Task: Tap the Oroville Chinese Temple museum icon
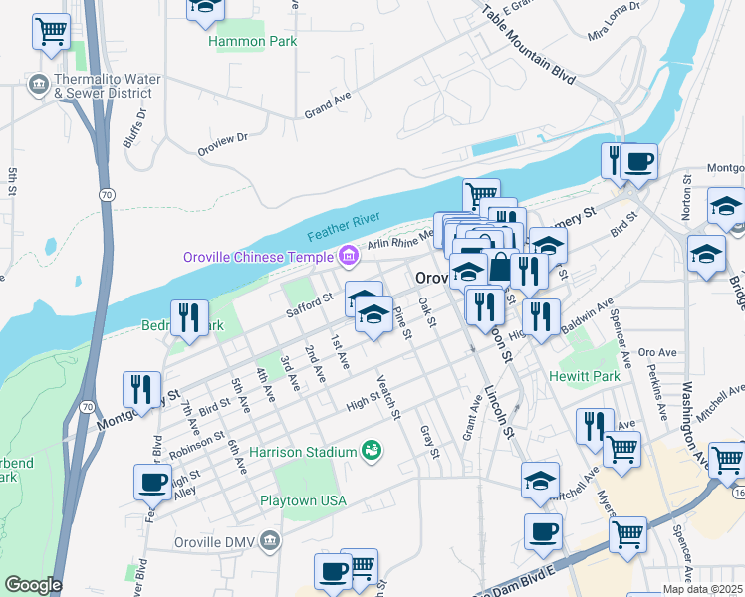(x=348, y=257)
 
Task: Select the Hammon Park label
(x=240, y=42)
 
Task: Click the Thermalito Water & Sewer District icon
(x=39, y=82)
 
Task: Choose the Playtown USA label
(x=303, y=500)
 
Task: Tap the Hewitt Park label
(x=585, y=376)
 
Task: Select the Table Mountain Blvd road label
(x=529, y=46)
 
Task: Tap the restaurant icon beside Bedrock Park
(x=188, y=317)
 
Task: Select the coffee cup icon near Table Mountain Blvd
(x=638, y=161)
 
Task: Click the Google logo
(x=33, y=585)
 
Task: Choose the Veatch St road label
(x=388, y=396)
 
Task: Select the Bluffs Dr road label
(x=134, y=128)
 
